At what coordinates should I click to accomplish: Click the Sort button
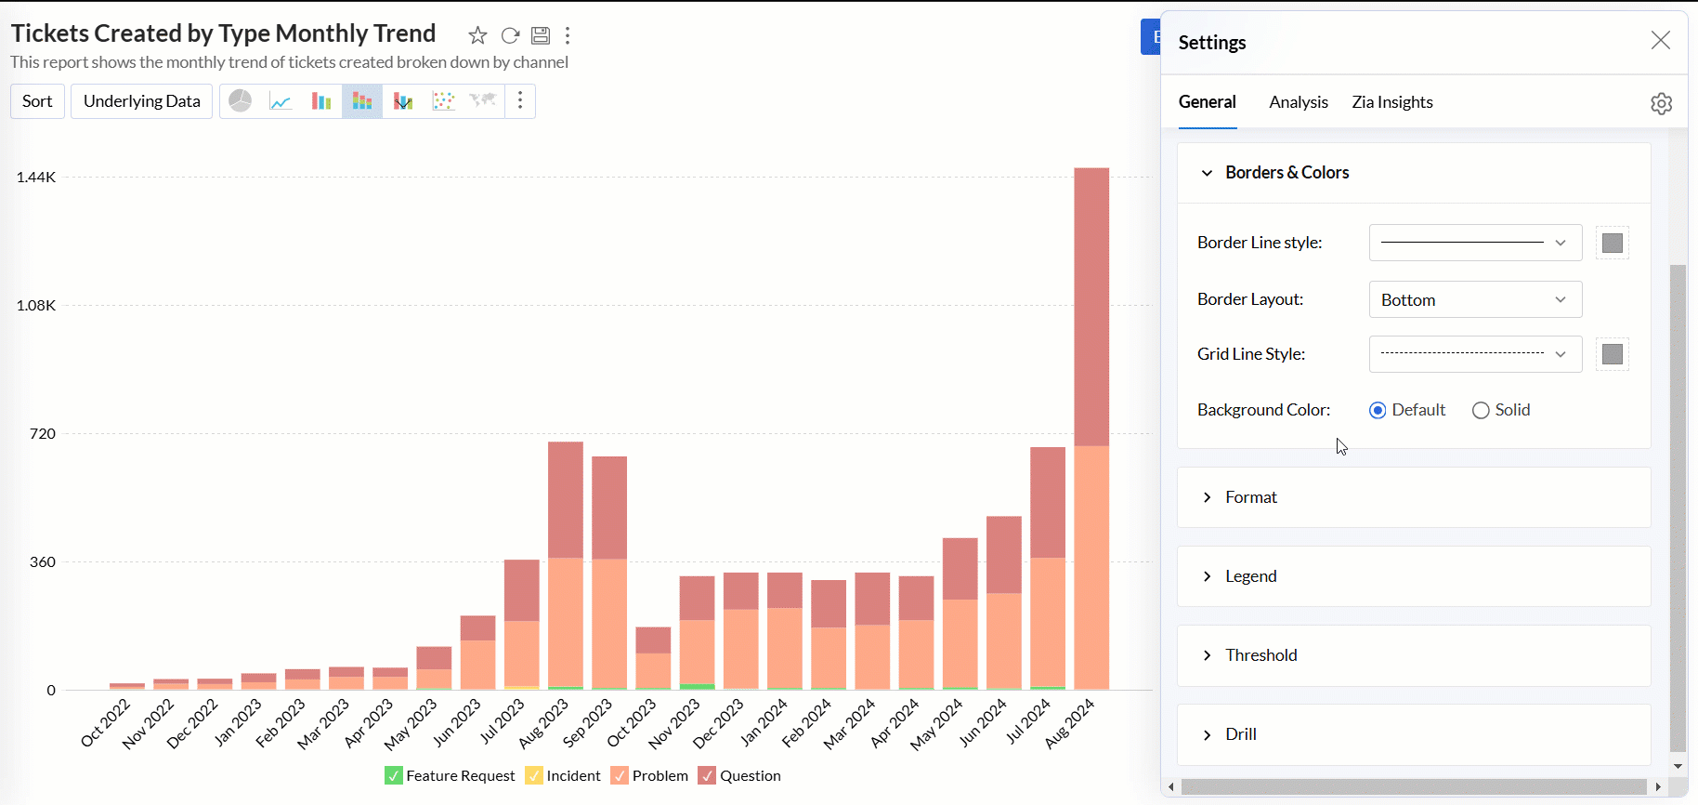pos(37,101)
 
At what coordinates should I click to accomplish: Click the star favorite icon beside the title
pos(477,35)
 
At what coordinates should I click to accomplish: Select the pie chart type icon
pos(241,101)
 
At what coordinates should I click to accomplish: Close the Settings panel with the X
pos(1660,40)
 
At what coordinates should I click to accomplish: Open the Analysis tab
pos(1298,102)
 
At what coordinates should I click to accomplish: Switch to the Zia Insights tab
pos(1391,102)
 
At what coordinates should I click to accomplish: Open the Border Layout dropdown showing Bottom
pos(1474,299)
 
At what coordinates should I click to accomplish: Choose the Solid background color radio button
pos(1481,410)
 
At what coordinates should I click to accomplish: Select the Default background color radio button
pos(1378,410)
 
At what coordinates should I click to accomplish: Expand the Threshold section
pos(1260,655)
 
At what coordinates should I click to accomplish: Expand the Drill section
pos(1240,734)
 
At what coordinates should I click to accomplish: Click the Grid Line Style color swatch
pos(1612,354)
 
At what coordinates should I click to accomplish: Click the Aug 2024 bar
pos(1091,428)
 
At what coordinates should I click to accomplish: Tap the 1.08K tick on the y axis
pos(36,305)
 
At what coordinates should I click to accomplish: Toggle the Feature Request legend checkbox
pos(394,776)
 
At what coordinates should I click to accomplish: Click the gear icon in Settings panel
pos(1661,103)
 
